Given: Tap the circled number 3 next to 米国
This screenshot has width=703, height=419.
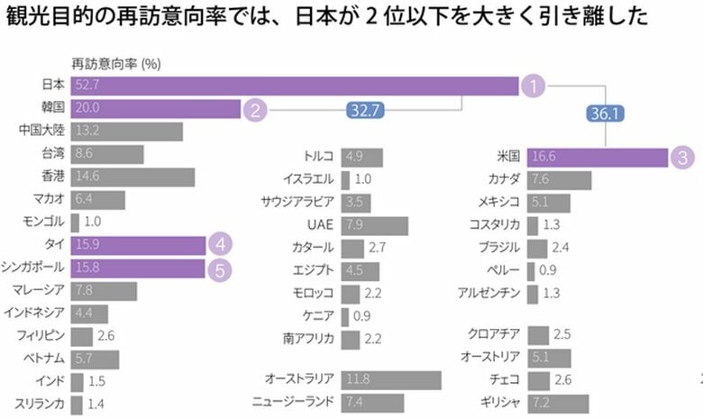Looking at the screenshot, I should (682, 156).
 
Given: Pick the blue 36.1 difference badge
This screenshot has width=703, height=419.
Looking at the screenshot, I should (605, 114).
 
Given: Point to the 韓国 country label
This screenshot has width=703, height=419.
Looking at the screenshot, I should (51, 109).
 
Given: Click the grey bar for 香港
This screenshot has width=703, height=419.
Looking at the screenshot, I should (132, 177).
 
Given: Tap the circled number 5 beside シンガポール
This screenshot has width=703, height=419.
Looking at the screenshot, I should (221, 268).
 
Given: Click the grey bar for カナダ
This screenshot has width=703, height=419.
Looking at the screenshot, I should (559, 179).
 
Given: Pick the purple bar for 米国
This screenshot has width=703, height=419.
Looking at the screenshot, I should (596, 156).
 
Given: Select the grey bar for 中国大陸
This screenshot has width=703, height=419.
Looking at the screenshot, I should (126, 132).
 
